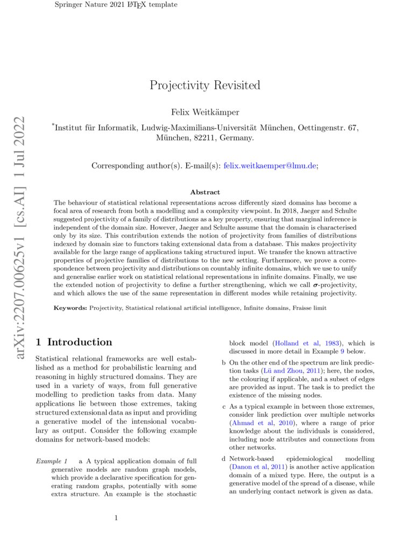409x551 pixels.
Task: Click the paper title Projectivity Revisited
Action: [204, 85]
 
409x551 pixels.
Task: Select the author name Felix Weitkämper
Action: [204, 112]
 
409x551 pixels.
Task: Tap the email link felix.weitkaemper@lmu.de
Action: [270, 166]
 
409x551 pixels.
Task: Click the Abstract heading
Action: [204, 192]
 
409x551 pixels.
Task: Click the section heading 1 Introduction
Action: [74, 342]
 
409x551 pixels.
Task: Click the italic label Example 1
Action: [52, 461]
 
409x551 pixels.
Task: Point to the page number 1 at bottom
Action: [116, 518]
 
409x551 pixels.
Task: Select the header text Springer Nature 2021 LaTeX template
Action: [116, 5]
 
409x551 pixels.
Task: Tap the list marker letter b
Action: [224, 363]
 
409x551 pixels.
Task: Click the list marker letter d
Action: [224, 459]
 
